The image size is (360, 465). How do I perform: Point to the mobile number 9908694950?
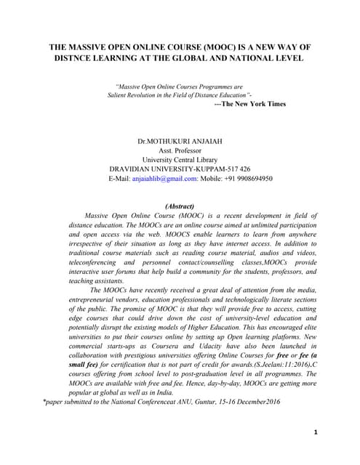[253, 177]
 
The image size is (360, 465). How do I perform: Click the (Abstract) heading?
[180, 206]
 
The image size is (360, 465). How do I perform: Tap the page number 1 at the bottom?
[316, 432]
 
